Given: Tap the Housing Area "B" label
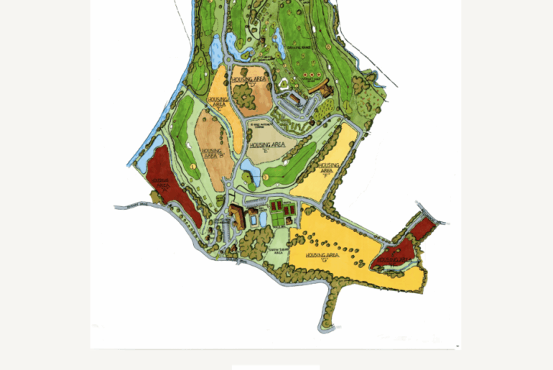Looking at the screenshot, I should pos(215,154).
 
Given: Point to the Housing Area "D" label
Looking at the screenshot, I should pos(251,80).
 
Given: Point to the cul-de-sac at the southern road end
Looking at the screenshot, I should pos(327,325).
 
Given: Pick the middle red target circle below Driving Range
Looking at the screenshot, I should pos(310,74).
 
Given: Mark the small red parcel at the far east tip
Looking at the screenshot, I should pos(424,226).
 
